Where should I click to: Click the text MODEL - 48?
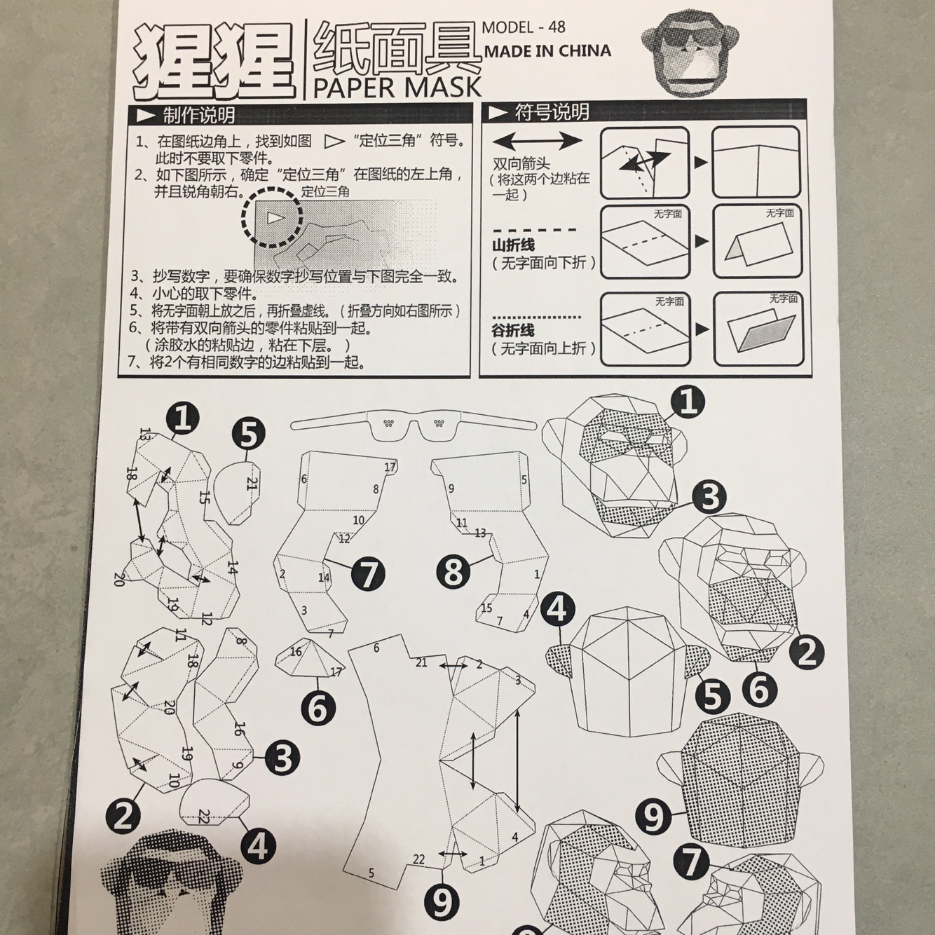tap(524, 27)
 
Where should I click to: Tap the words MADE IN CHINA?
tap(547, 51)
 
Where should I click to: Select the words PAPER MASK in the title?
tap(397, 86)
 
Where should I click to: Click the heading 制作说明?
tap(198, 116)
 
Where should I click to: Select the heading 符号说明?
tap(552, 112)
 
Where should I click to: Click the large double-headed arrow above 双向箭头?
tap(537, 141)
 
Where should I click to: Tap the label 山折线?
tap(513, 245)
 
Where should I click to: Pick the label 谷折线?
tap(513, 331)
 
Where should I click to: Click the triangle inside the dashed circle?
tap(275, 218)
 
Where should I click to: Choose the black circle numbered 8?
tap(453, 571)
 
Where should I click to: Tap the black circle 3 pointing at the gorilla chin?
tap(709, 498)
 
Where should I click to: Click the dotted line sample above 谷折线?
tap(536, 318)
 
